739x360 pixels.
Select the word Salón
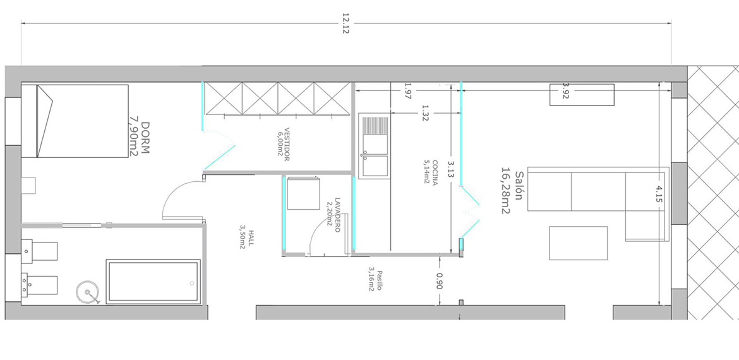click(x=519, y=186)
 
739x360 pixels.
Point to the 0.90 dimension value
click(x=440, y=281)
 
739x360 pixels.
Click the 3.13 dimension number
click(x=451, y=168)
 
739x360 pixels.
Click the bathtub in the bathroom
click(x=153, y=281)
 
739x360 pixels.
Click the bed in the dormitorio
click(x=75, y=121)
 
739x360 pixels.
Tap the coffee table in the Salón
click(x=579, y=243)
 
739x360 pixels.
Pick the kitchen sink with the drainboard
click(x=374, y=146)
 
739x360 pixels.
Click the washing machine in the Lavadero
click(x=304, y=193)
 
